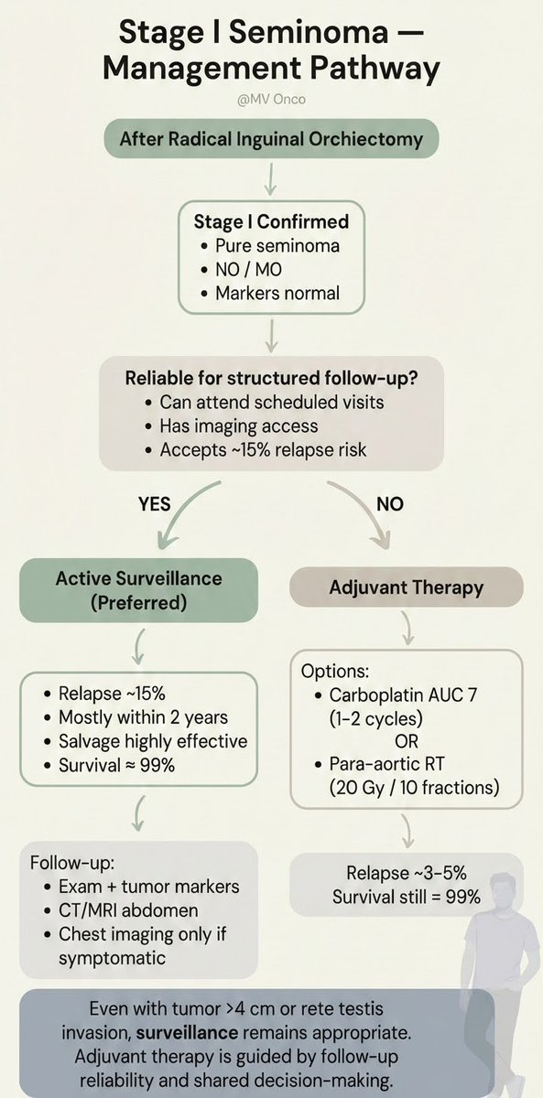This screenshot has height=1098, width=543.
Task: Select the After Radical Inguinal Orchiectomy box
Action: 270,140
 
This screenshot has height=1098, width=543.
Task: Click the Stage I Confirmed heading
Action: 271,222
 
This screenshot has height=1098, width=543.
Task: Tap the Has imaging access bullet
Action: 238,425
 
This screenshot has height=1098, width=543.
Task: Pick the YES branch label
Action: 156,504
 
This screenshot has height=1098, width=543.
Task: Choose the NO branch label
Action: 389,504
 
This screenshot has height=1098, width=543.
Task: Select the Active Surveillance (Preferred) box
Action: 138,590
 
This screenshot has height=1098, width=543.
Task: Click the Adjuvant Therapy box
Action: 407,587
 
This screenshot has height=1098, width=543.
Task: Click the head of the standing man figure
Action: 501,863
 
